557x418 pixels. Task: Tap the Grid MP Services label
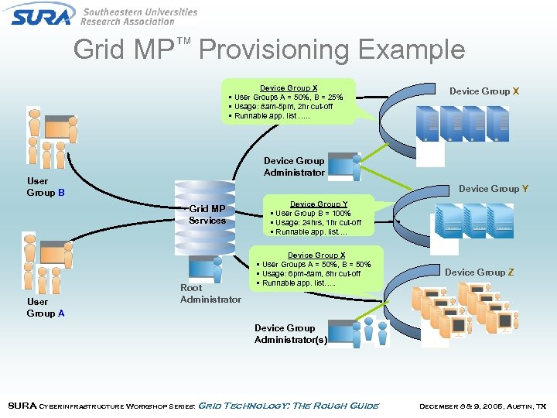[x=207, y=214]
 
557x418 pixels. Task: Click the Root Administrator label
[x=210, y=293]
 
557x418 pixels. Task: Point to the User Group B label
[x=46, y=187]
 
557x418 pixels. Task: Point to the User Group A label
[x=46, y=307]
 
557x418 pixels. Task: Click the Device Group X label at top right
[x=484, y=91]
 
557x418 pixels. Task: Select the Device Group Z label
[x=479, y=272]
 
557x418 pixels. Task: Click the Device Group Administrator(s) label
[x=290, y=334]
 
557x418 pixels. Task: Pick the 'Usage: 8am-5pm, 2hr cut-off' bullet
[x=284, y=107]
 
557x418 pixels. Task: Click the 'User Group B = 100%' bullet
[x=312, y=214]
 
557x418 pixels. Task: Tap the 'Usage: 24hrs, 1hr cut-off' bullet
[x=318, y=223]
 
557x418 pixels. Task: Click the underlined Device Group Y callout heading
[x=319, y=204]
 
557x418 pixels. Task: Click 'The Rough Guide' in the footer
[x=341, y=406]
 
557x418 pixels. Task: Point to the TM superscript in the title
[x=183, y=40]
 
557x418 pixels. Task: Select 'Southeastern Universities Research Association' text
[x=139, y=17]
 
